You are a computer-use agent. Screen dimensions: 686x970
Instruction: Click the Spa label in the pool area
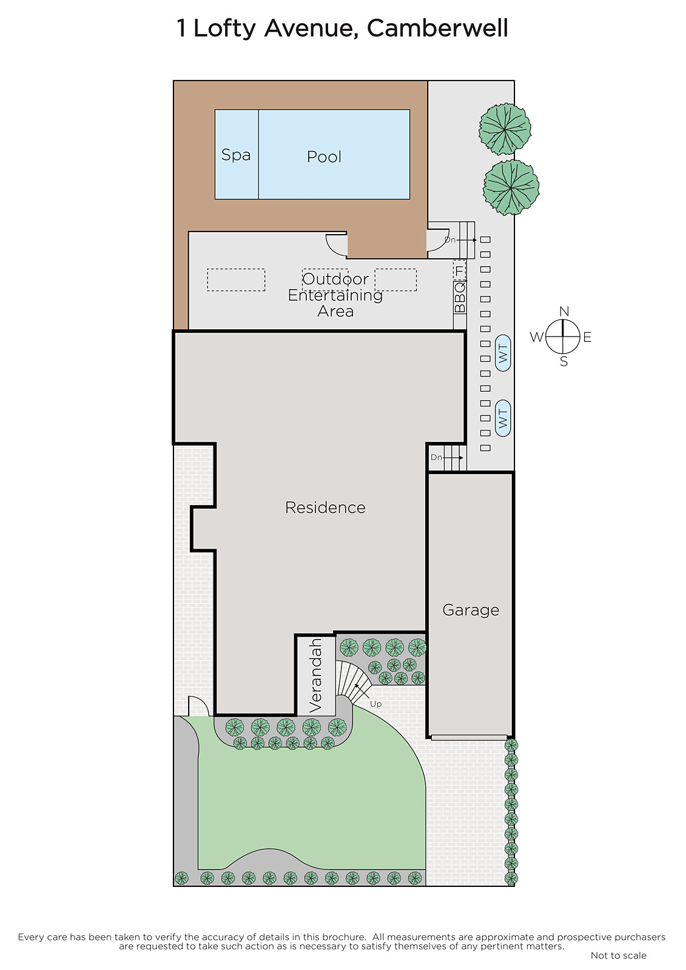236,155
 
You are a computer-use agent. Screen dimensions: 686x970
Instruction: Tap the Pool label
324,157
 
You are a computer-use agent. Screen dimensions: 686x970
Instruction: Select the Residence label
325,507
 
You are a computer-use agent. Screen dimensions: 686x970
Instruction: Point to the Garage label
471,610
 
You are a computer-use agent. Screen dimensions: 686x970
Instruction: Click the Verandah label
316,676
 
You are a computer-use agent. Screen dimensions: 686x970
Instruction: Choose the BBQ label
460,297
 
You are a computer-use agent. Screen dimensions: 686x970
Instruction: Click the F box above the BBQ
459,270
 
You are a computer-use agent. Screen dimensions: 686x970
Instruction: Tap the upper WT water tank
503,353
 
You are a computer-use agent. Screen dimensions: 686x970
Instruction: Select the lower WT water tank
503,418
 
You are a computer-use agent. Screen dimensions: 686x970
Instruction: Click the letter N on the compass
564,312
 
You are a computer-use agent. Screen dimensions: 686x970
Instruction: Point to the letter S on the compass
564,361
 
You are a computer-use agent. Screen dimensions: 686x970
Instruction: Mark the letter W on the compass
537,336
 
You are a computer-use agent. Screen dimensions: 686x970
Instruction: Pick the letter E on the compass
587,337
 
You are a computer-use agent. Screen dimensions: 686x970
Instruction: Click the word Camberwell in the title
437,29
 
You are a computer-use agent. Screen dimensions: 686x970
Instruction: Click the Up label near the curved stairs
375,704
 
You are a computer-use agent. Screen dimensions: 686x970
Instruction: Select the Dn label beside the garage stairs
436,457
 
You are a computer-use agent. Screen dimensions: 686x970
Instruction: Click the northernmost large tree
505,129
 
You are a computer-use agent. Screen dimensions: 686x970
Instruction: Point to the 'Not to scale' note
619,955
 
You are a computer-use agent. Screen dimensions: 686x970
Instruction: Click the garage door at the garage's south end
469,737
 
